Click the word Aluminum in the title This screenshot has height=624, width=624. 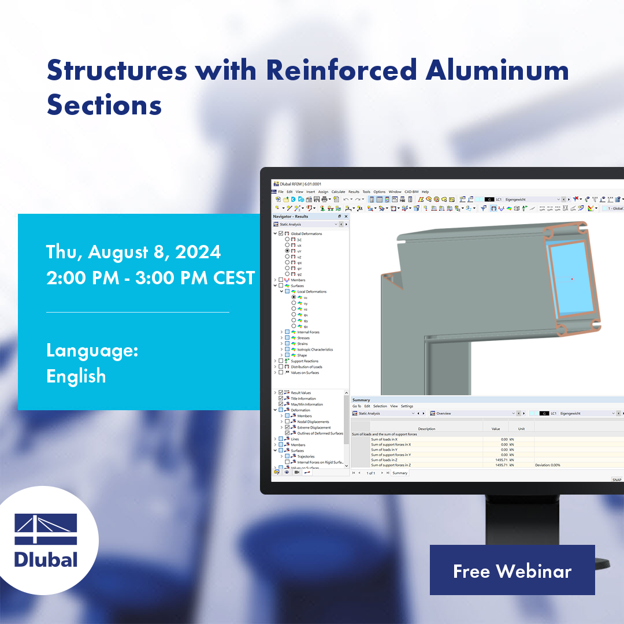pyautogui.click(x=496, y=70)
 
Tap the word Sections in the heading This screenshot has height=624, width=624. pyautogui.click(x=104, y=106)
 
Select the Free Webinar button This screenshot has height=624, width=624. pyautogui.click(x=512, y=570)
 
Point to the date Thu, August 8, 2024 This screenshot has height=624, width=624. pyautogui.click(x=133, y=252)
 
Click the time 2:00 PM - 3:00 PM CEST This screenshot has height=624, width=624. pyautogui.click(x=150, y=278)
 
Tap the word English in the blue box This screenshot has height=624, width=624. pyautogui.click(x=76, y=376)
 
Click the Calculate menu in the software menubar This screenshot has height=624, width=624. pyautogui.click(x=338, y=192)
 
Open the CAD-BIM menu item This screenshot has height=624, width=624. pyautogui.click(x=411, y=192)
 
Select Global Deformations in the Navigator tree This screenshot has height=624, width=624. pyautogui.click(x=306, y=234)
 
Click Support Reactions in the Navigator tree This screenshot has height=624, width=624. pyautogui.click(x=304, y=361)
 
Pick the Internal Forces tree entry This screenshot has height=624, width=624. pyautogui.click(x=308, y=332)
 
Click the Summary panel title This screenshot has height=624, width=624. pyautogui.click(x=361, y=400)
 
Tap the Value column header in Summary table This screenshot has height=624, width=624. pyautogui.click(x=495, y=429)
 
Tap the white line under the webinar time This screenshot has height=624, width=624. pyautogui.click(x=138, y=312)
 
